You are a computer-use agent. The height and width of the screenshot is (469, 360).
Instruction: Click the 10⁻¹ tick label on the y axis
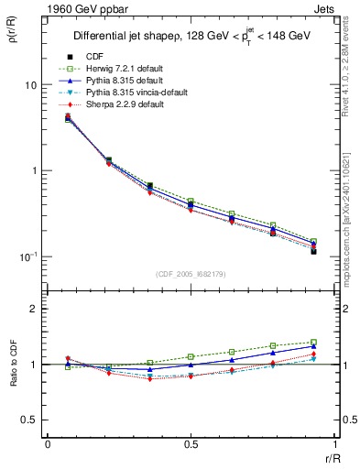(x=27, y=256)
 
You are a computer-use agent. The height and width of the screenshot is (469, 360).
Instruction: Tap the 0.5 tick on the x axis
(x=190, y=444)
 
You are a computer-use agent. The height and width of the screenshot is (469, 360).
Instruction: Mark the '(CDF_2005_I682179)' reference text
(x=190, y=272)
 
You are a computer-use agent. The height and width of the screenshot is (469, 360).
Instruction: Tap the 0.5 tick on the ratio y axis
(x=29, y=420)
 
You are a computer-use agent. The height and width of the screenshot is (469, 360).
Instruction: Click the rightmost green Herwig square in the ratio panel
(x=313, y=343)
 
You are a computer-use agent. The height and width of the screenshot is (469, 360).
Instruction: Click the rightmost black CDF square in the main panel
(x=313, y=251)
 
